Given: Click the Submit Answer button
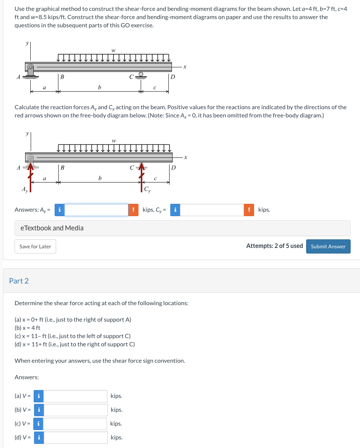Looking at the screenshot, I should coord(328,246).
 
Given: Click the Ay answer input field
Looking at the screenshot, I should coord(96,210).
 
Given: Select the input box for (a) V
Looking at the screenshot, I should coord(76,396).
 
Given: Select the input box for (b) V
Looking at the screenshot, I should coord(76,410).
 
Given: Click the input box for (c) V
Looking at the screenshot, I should coord(76,424).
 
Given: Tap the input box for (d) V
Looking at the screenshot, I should coord(76,438).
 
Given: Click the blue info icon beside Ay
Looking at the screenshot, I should coord(59,210).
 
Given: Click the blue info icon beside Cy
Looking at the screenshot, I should coord(175,210).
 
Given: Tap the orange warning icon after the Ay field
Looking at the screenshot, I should coord(134,210).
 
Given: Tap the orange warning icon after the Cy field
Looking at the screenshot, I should coord(249,210).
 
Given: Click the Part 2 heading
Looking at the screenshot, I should coord(19,281).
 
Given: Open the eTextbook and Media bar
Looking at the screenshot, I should coord(182,228).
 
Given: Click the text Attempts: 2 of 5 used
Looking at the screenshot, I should coord(274,246).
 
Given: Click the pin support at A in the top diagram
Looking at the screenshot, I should coord(30,71).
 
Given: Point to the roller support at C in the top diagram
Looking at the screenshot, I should coord(141,75).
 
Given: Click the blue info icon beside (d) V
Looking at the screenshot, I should coord(39,438).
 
